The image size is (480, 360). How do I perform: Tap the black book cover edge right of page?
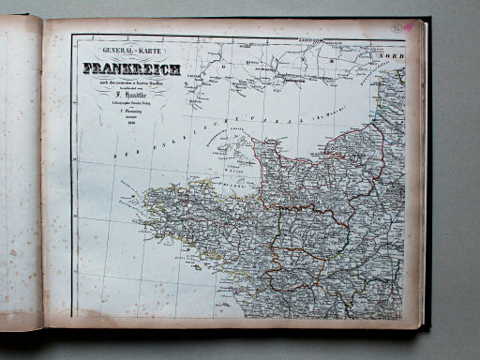click(427, 187)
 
